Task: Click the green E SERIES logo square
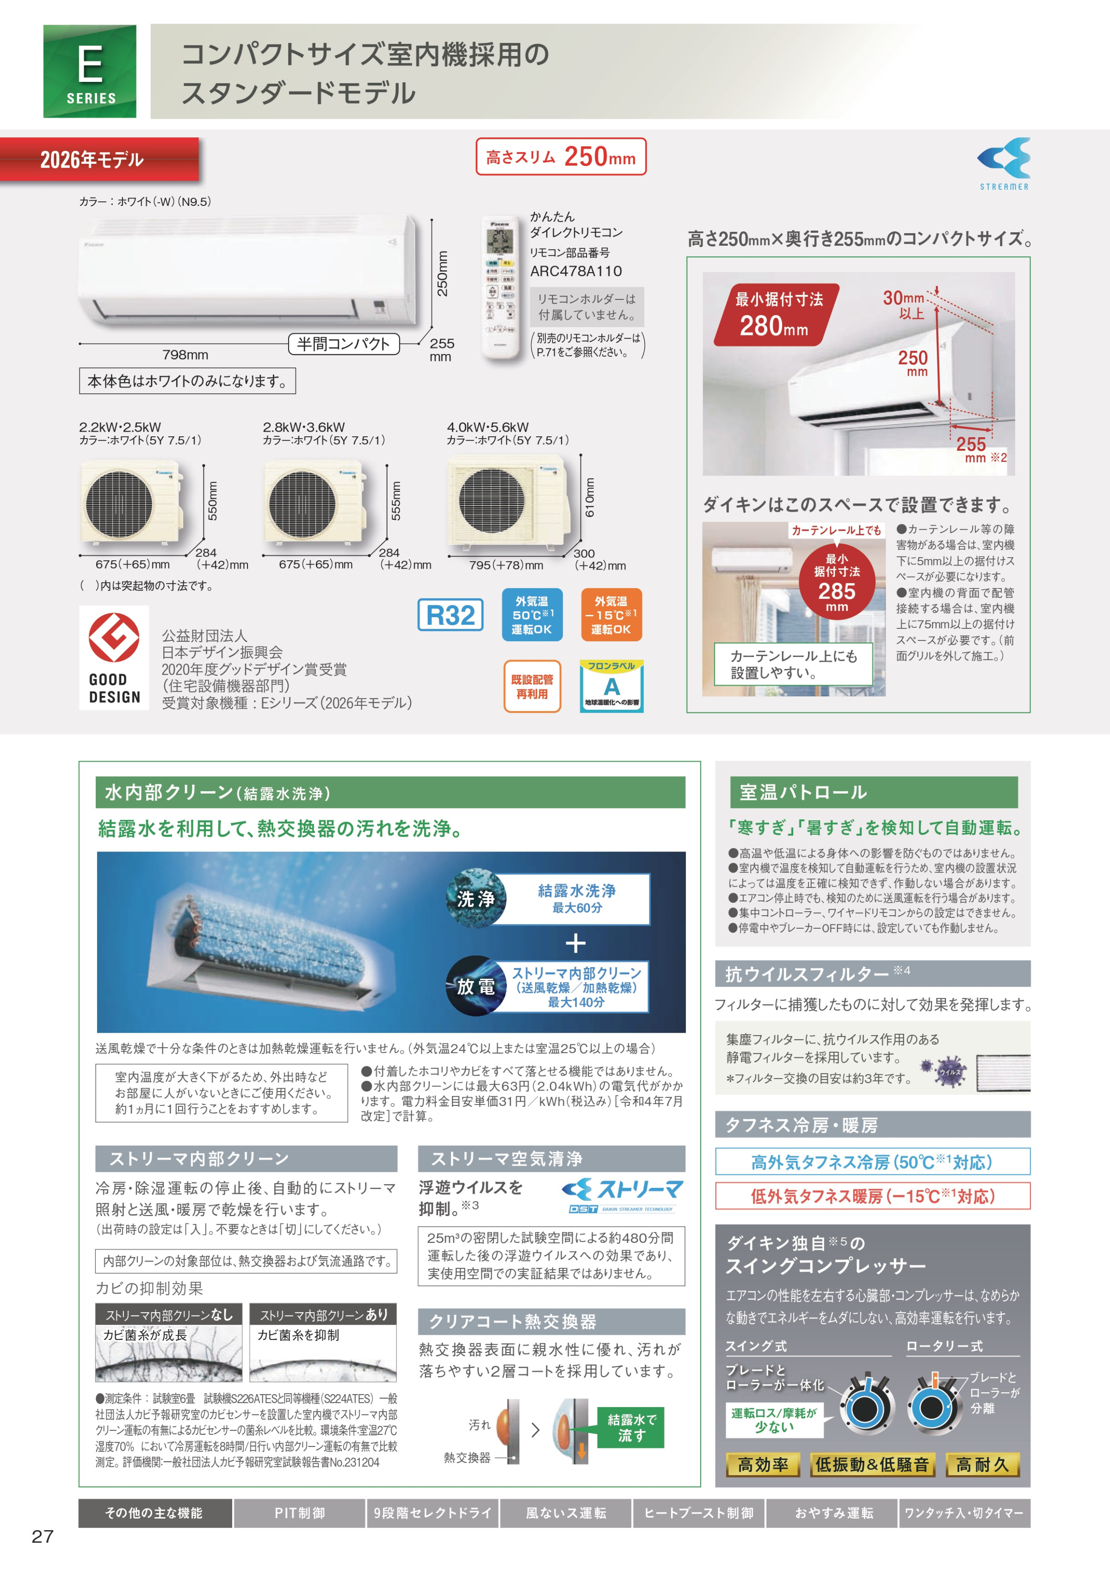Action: point(90,71)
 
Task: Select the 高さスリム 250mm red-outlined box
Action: point(561,156)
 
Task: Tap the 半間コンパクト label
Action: point(343,344)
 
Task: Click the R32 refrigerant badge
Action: point(450,615)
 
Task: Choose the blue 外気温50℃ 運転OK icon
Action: point(532,615)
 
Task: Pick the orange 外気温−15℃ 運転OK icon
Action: point(611,615)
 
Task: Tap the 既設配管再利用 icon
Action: point(532,687)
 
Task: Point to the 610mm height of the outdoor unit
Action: point(590,497)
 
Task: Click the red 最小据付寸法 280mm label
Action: point(777,315)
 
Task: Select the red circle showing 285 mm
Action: point(837,582)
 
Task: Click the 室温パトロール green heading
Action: point(873,792)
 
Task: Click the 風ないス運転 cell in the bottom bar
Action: point(566,1513)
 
